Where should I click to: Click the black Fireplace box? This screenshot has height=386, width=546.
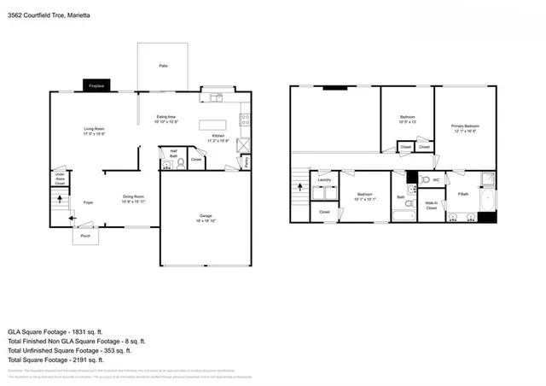point(96,85)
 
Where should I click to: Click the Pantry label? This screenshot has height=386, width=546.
point(247,161)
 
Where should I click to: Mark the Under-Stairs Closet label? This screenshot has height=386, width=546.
point(59,178)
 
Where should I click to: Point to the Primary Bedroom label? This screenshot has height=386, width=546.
point(464,129)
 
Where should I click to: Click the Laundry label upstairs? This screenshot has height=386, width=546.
point(323,180)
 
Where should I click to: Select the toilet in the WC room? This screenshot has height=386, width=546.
point(424,181)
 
